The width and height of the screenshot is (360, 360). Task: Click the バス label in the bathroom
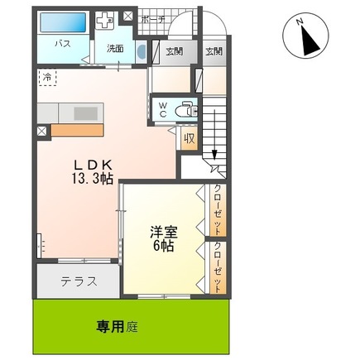[61, 42]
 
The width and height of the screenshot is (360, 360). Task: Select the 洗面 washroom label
[115, 48]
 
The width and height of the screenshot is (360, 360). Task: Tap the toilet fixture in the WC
[189, 108]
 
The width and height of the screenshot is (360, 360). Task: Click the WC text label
[165, 109]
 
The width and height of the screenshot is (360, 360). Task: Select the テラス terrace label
[79, 281]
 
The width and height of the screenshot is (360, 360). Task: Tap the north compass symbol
[305, 37]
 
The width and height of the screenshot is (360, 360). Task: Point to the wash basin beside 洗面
[140, 52]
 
